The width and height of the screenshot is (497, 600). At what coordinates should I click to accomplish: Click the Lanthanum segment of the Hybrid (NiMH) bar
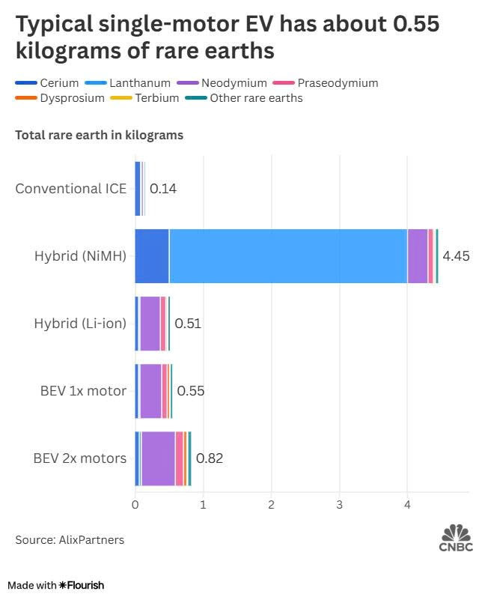coord(288,256)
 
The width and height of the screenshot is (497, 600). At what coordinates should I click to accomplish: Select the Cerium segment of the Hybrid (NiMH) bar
coord(152,256)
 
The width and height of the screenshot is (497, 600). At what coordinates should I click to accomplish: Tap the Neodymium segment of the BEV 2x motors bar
coord(158,458)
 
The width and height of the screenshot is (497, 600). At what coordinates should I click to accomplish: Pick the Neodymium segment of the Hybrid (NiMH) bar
coord(417,256)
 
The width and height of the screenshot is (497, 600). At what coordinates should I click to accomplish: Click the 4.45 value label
coord(456,256)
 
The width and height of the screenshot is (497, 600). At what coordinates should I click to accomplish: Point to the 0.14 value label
coord(163,189)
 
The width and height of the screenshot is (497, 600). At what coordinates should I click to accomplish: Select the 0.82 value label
coord(210,458)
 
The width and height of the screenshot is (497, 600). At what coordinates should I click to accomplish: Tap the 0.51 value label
coord(188,324)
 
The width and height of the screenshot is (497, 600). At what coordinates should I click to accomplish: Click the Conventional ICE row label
coord(71,188)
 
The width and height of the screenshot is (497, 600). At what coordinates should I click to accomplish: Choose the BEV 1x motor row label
coord(83,390)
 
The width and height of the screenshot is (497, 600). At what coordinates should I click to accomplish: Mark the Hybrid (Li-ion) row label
coord(80,323)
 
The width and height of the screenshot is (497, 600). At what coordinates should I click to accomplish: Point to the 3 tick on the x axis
coord(340,505)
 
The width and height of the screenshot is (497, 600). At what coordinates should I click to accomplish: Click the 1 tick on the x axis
coord(203,505)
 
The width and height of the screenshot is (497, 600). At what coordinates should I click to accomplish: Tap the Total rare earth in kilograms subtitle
coord(100,136)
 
